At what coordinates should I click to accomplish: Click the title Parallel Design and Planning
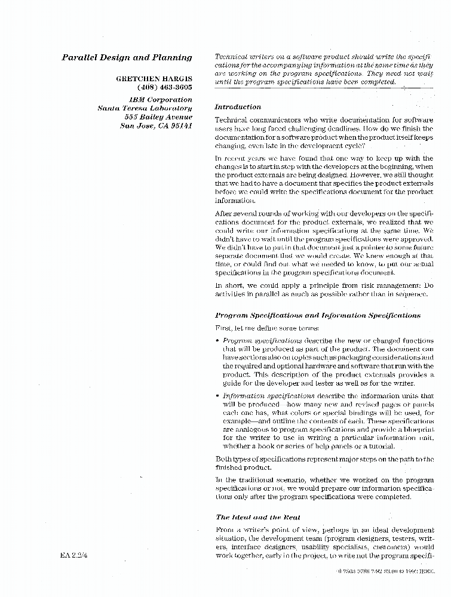click(x=127, y=58)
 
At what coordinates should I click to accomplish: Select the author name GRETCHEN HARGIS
click(x=154, y=78)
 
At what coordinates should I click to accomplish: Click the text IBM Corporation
click(x=161, y=100)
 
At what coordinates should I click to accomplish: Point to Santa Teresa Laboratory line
click(x=145, y=108)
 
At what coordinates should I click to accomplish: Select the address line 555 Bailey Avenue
click(x=155, y=117)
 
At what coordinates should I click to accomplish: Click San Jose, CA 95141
click(x=156, y=126)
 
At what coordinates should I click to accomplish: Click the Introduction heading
click(x=237, y=107)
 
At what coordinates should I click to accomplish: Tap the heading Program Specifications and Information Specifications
click(x=317, y=315)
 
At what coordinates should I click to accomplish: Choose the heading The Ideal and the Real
click(x=258, y=517)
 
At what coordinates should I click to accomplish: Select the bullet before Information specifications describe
click(x=217, y=396)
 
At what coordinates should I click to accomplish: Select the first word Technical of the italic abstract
click(x=231, y=57)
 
